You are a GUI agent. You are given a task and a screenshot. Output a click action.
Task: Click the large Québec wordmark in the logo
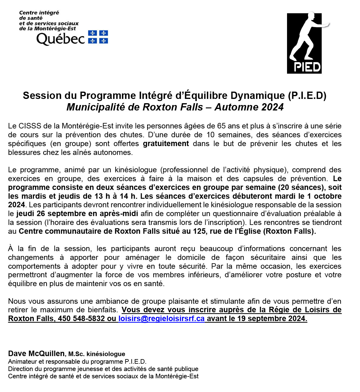pos(61,39)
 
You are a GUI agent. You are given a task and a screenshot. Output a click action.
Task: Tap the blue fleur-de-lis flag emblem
pos(98,37)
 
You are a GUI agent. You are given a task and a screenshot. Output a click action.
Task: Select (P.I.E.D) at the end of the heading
pos(307,96)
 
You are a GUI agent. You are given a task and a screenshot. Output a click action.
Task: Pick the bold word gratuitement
pos(166,144)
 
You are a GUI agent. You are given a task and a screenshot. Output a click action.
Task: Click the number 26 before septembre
pos(41,214)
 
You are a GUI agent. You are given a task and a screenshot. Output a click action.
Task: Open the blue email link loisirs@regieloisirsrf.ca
pos(161,319)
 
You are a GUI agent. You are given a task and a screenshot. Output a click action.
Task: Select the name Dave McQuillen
pos(36,354)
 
